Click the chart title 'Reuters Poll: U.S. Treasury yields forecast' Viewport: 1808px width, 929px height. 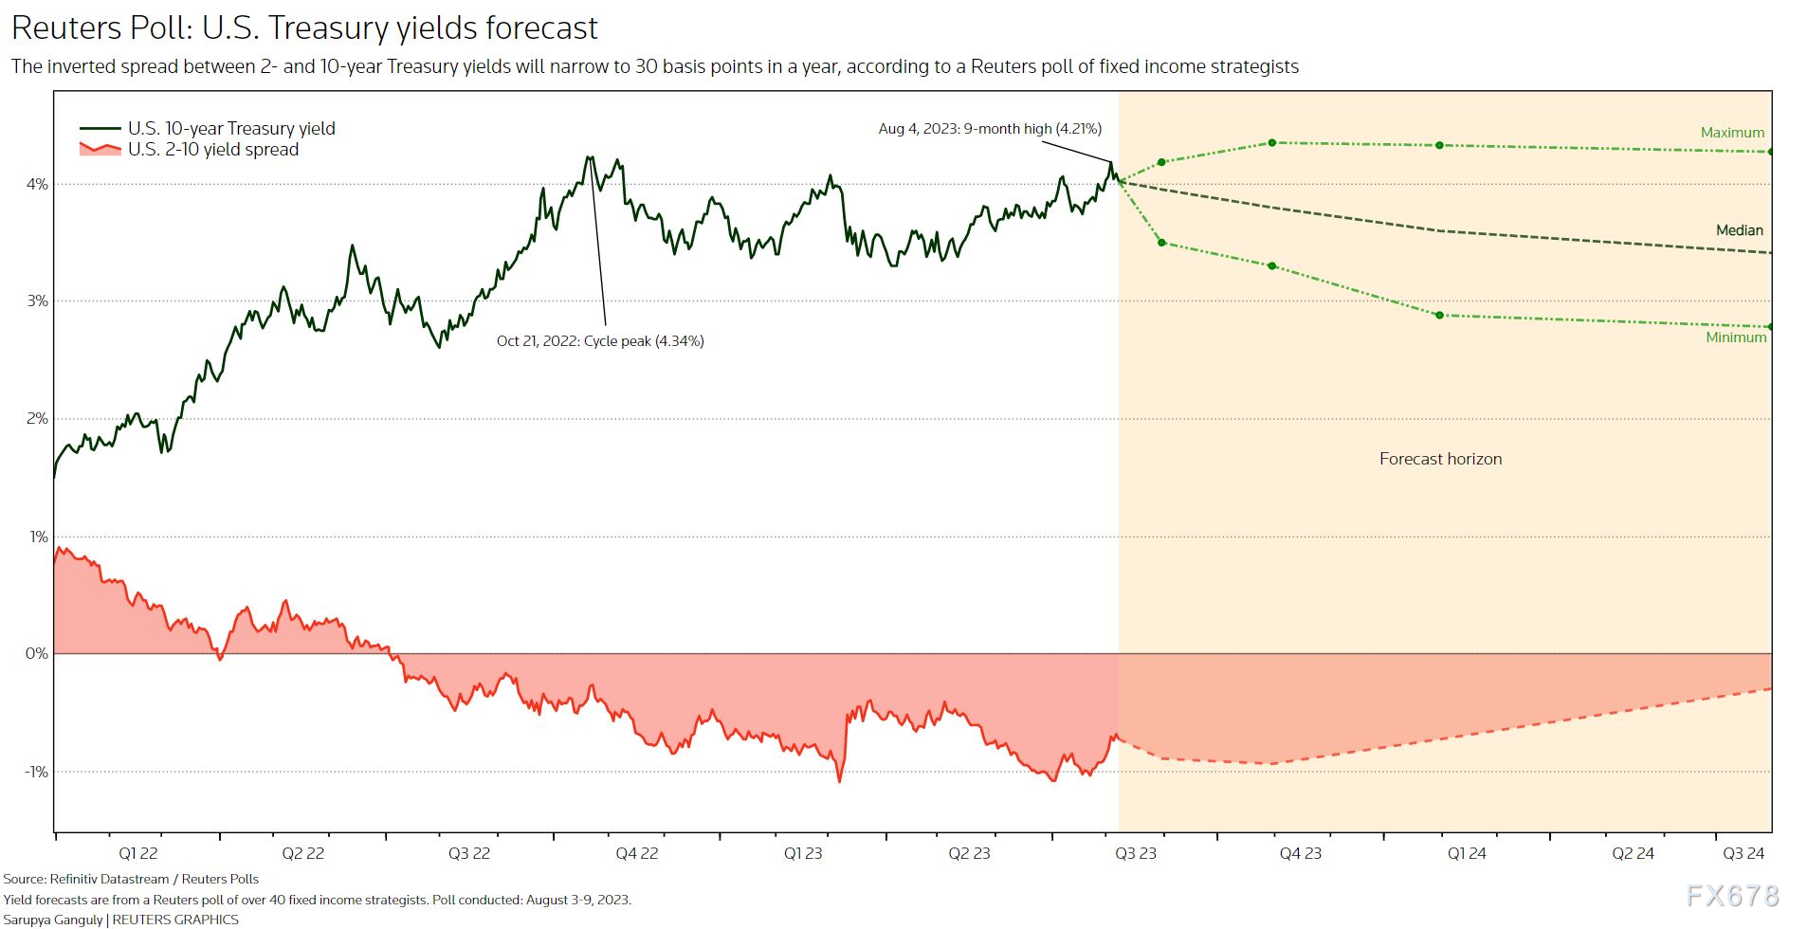pos(304,28)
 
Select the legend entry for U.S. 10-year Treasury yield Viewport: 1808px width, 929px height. pos(231,128)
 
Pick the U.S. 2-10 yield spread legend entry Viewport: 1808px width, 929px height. pos(213,150)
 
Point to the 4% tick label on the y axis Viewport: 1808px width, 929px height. pos(37,184)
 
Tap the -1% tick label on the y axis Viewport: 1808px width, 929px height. pos(35,772)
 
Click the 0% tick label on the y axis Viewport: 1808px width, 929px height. pos(36,654)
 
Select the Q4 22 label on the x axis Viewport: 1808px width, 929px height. pos(636,853)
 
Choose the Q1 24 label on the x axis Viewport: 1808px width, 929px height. pos(1466,853)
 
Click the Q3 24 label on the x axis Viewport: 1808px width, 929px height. pos(1743,853)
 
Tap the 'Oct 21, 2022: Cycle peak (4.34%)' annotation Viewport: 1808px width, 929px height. pos(600,341)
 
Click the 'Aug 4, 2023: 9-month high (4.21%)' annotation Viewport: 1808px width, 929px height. pos(990,129)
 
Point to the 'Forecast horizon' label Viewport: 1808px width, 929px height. pos(1440,459)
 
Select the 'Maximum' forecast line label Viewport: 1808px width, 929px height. pos(1732,133)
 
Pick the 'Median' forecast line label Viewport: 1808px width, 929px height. pos(1739,230)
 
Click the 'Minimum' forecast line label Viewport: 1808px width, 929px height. pos(1736,337)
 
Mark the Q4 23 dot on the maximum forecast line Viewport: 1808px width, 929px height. pos(1272,143)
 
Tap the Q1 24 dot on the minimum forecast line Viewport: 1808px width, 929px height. pos(1439,316)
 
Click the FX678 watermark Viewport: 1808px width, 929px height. pos(1732,896)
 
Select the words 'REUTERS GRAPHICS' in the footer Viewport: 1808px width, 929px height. pos(175,920)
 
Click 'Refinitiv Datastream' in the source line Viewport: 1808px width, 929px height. pos(109,880)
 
